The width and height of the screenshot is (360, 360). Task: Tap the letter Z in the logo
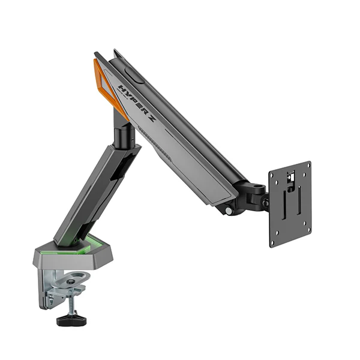pos(150,118)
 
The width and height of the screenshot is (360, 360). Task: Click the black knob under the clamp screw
pos(71,320)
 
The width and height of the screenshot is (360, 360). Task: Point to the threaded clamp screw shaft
pos(74,305)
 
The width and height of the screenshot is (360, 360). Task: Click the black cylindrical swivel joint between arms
pos(124,137)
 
